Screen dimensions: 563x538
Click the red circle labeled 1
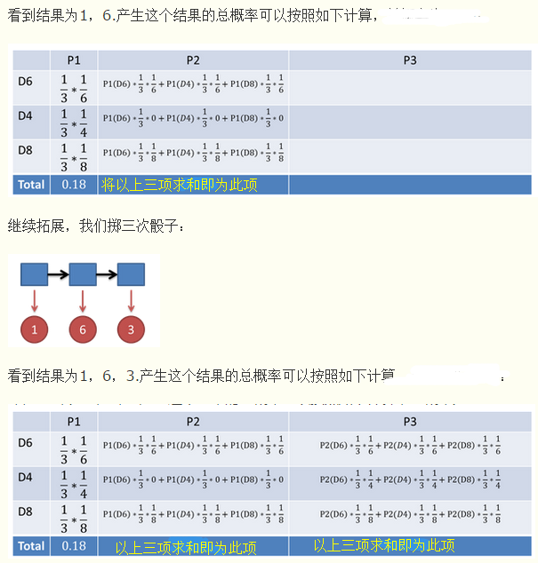pos(34,329)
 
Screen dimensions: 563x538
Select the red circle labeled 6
pos(82,329)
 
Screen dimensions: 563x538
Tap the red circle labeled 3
pos(131,329)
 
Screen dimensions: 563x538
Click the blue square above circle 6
pos(82,274)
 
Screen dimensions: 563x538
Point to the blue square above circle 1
pos(34,274)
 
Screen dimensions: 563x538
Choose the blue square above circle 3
pos(131,274)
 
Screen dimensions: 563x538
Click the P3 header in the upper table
pos(409,60)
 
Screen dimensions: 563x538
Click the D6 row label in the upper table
pos(26,82)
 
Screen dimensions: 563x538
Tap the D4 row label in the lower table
pos(26,476)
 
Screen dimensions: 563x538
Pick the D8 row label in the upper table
pos(26,150)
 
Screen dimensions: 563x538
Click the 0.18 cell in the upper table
pos(74,185)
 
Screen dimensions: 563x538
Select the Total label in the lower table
pos(30,545)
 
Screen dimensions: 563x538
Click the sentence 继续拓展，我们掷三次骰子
pos(97,227)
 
